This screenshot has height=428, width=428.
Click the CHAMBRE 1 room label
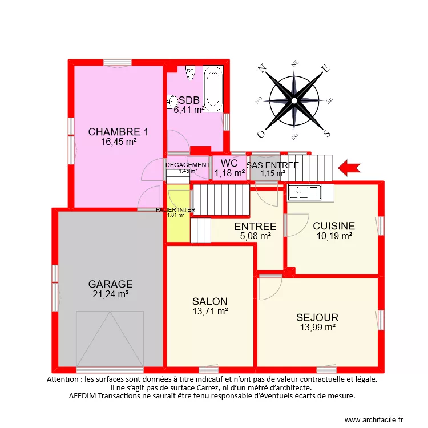(118, 132)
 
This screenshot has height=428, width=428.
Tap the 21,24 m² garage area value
(110, 294)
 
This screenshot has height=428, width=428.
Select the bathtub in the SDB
(213, 91)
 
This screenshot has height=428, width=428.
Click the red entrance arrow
(350, 167)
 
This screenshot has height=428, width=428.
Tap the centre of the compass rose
(294, 101)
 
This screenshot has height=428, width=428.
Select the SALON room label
(210, 301)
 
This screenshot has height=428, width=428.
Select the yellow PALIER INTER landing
(177, 225)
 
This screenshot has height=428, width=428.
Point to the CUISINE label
(334, 226)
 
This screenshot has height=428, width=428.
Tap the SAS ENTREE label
(273, 165)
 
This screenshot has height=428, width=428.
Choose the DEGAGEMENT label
(188, 165)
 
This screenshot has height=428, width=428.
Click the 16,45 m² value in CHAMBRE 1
(118, 142)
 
